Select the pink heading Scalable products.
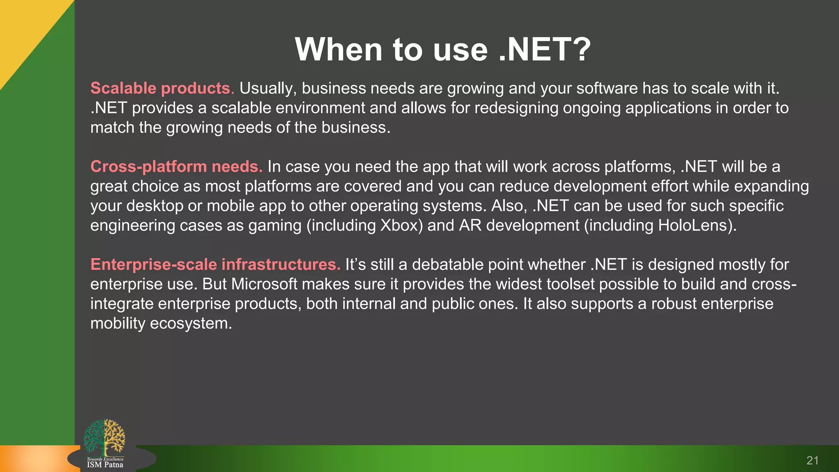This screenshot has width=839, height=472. click(162, 88)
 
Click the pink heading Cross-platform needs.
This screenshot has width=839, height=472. click(176, 166)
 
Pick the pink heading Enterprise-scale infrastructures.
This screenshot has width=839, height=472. click(215, 264)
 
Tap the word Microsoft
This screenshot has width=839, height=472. click(264, 284)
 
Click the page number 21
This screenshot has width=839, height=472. click(812, 461)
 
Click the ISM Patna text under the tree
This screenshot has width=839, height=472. click(105, 465)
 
